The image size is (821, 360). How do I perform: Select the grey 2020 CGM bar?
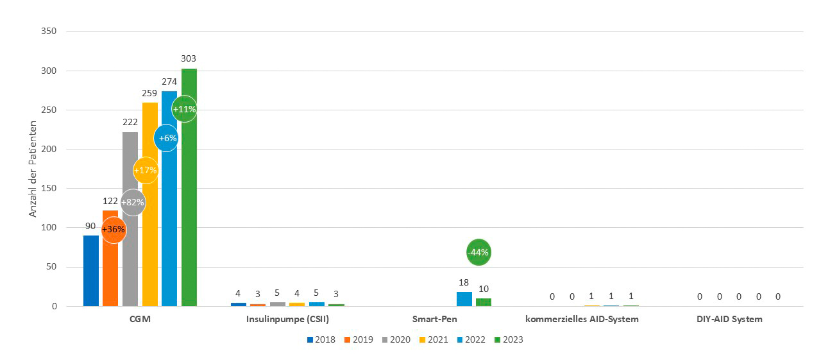pos(130,257)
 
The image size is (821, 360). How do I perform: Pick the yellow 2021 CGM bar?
pos(149,244)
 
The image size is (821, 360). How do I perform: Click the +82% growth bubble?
pos(133,202)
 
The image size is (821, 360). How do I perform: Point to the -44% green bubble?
pos(478,252)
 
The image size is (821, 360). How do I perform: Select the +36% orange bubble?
pos(114,230)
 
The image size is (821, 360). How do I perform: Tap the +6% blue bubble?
pos(166,138)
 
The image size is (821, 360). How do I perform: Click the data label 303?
pos(189,58)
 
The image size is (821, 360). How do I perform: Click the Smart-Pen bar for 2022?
pos(464,299)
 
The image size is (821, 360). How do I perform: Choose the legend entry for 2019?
pos(362,339)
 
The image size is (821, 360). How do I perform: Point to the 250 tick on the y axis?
pos(49,110)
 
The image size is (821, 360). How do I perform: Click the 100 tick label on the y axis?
pos(49,228)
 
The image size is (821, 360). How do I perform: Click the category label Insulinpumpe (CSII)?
pos(287,319)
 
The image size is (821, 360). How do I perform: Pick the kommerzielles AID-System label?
pos(582,319)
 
